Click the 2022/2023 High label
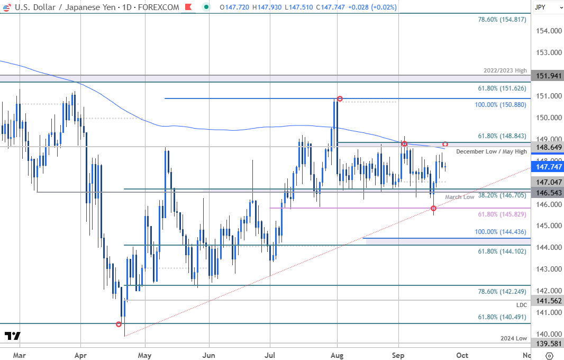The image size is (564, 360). [x=505, y=70]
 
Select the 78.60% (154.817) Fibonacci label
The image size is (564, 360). [x=495, y=19]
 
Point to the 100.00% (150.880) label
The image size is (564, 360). [x=501, y=105]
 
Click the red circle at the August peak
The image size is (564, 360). [x=340, y=99]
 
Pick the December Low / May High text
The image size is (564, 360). [x=491, y=151]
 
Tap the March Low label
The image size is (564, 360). [x=460, y=197]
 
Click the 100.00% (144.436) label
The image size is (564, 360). [x=501, y=232]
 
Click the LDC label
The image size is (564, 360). [x=522, y=305]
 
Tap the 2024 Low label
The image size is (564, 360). [x=514, y=338]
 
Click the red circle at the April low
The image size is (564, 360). [x=119, y=324]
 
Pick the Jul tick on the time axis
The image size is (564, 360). [x=270, y=355]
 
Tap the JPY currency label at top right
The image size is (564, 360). [x=540, y=7]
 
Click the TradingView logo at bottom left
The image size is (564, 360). [x=12, y=336]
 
